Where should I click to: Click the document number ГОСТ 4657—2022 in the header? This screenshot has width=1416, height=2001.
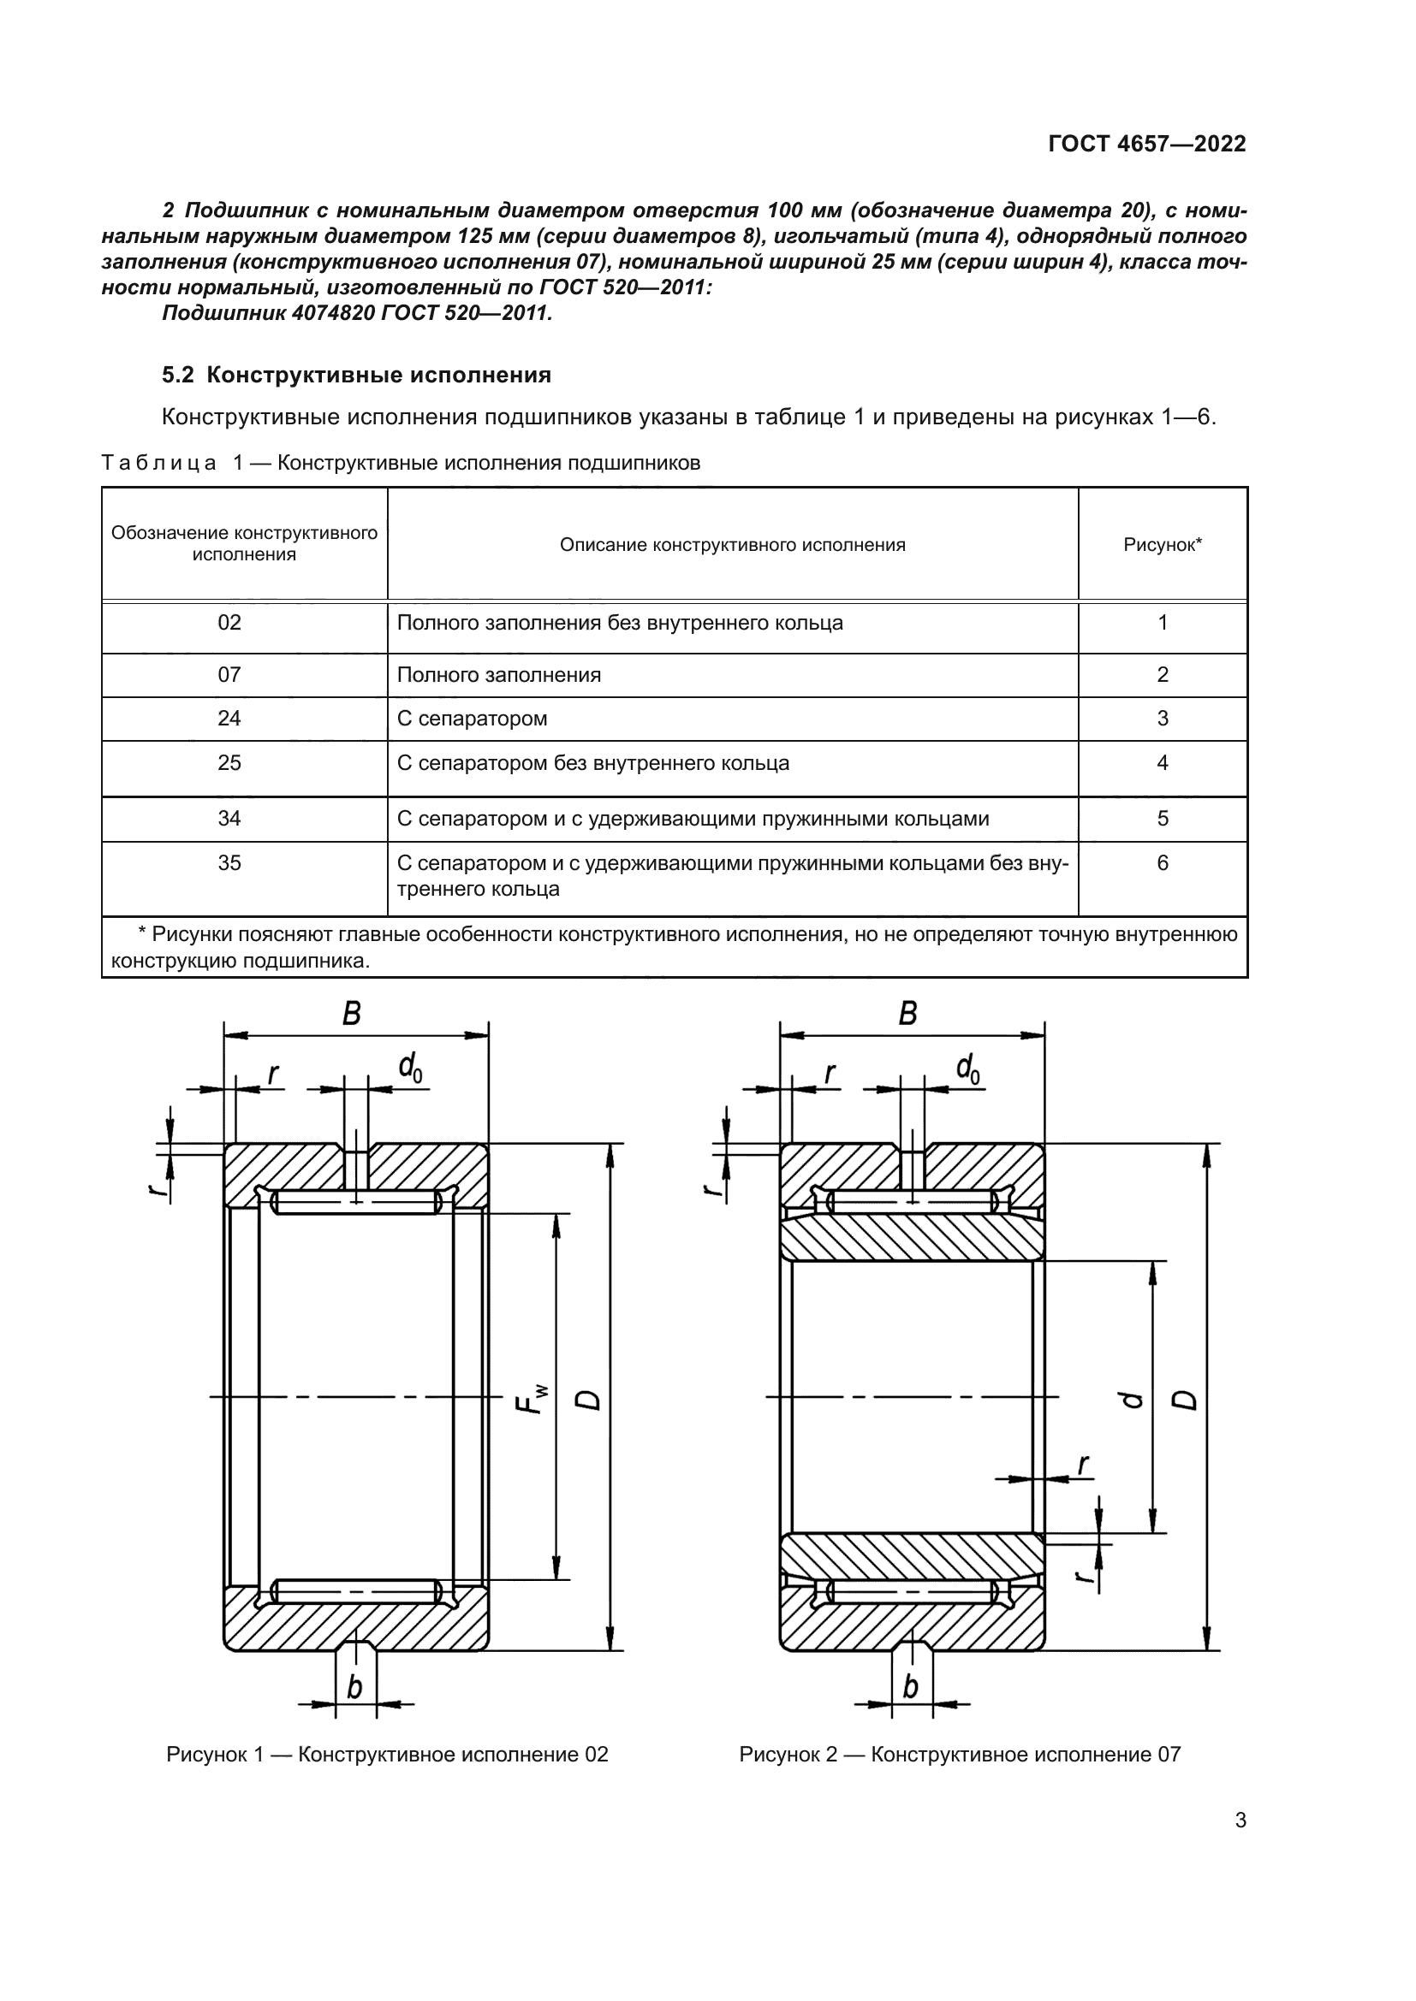(1146, 144)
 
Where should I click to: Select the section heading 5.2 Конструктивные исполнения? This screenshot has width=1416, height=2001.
(357, 376)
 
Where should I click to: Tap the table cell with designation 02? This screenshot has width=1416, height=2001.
(229, 623)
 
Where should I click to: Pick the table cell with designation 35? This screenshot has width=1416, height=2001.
(229, 863)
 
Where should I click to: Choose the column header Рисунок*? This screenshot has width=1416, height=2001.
(1163, 546)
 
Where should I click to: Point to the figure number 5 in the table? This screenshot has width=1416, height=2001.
(1163, 819)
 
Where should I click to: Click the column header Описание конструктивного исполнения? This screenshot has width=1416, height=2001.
(733, 546)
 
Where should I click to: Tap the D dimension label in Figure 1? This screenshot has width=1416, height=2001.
(591, 1399)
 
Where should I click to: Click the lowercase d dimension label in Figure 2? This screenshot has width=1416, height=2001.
(1133, 1400)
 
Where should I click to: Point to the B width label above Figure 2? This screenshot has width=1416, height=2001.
(907, 1014)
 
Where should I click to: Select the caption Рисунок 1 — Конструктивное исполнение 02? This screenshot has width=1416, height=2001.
(387, 1755)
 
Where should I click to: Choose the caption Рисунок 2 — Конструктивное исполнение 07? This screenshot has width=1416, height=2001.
(959, 1755)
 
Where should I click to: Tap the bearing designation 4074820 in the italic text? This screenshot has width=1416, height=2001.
(328, 313)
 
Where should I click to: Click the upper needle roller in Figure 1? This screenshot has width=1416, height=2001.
(356, 1203)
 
